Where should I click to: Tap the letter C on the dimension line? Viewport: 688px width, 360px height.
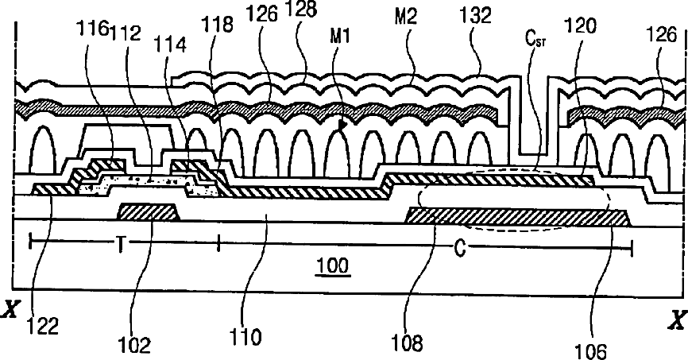point(458,248)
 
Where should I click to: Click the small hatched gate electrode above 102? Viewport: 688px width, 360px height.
point(147,212)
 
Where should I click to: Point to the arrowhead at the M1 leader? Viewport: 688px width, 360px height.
point(343,125)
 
